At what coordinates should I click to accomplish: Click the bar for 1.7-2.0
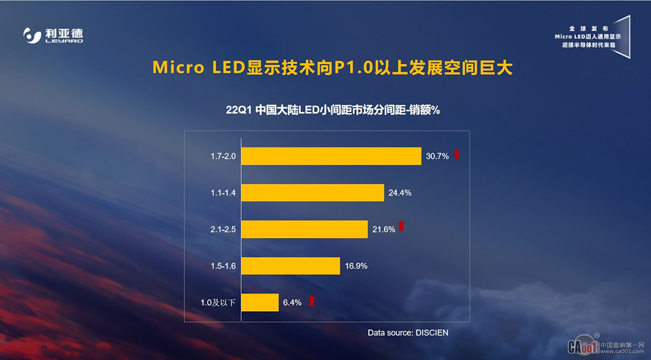pos(331,156)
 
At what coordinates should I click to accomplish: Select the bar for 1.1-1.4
pos(312,193)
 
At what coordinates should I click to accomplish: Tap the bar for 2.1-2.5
pos(304,229)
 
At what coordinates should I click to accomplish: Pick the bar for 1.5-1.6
pos(291,266)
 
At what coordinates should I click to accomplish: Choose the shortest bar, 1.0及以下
pos(260,303)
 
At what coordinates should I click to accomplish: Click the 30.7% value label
pos(437,156)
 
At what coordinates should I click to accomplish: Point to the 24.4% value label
pos(400,193)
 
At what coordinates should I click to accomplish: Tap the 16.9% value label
pos(356,266)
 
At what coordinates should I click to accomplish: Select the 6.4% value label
pos(292,303)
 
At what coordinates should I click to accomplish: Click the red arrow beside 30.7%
pos(457,155)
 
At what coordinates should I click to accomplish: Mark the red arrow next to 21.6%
pos(401,227)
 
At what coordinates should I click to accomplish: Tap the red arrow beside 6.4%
pos(312,301)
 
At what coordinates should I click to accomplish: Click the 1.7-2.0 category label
pos(224,156)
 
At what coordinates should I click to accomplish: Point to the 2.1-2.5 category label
pos(224,229)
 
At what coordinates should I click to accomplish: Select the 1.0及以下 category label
pos(218,303)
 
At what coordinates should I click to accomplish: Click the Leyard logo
pos(53,36)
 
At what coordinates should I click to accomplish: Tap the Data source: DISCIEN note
pos(408,332)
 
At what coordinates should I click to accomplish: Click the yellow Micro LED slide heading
pos(332,68)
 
